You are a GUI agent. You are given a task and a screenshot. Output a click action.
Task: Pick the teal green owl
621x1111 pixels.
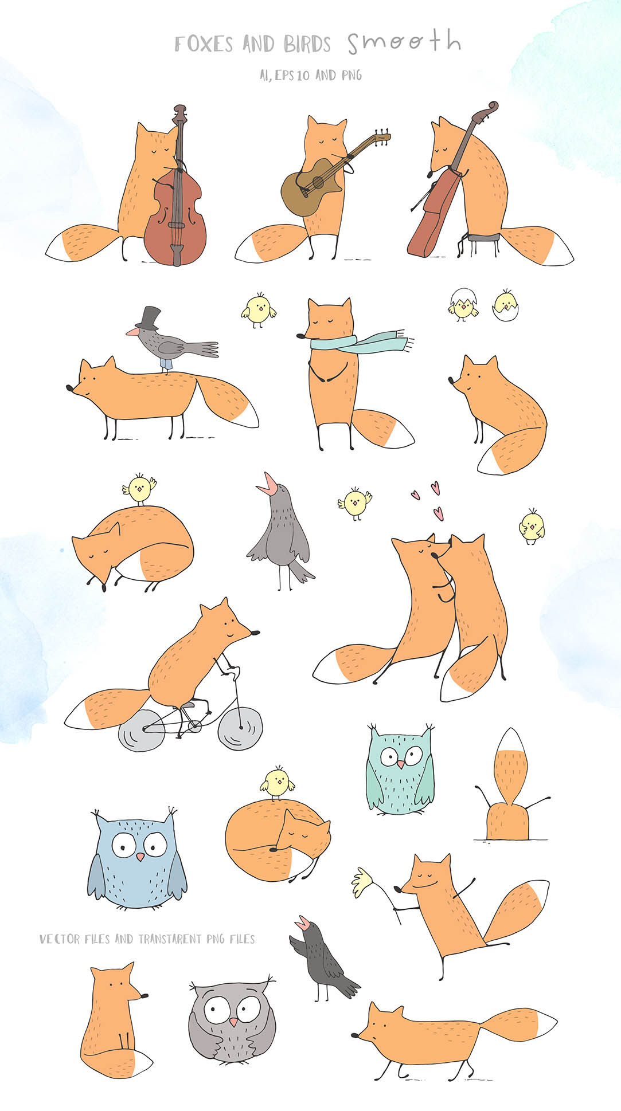400,771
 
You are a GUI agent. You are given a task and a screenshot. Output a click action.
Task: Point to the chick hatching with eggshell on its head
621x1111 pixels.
462,304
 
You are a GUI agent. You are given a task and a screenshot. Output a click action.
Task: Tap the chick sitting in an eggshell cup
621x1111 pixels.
505,306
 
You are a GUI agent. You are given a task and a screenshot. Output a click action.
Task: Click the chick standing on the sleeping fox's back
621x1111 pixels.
139,488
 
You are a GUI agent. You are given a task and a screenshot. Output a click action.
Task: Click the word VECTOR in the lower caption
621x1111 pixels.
60,939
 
